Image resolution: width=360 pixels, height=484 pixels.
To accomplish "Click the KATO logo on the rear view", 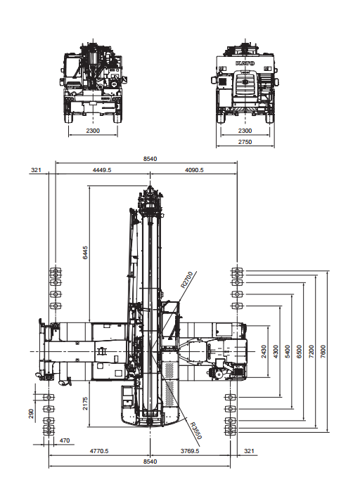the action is point(245,63).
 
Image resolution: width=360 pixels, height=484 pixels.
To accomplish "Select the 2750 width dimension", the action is point(245,142).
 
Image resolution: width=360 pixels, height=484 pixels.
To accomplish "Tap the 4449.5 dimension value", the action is point(102,170).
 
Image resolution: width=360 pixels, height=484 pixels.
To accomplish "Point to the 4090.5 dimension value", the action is point(194,170).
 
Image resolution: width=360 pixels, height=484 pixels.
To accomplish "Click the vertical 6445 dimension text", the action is point(85,252).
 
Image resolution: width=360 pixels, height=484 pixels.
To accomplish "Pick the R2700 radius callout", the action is point(186,280).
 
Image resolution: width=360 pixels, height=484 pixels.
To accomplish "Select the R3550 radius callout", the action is point(196,431).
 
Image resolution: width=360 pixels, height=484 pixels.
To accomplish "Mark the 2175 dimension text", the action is point(85,403).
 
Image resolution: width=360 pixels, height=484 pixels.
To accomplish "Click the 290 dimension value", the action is point(31,414).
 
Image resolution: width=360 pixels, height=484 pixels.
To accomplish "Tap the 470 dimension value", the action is point(64,440).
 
